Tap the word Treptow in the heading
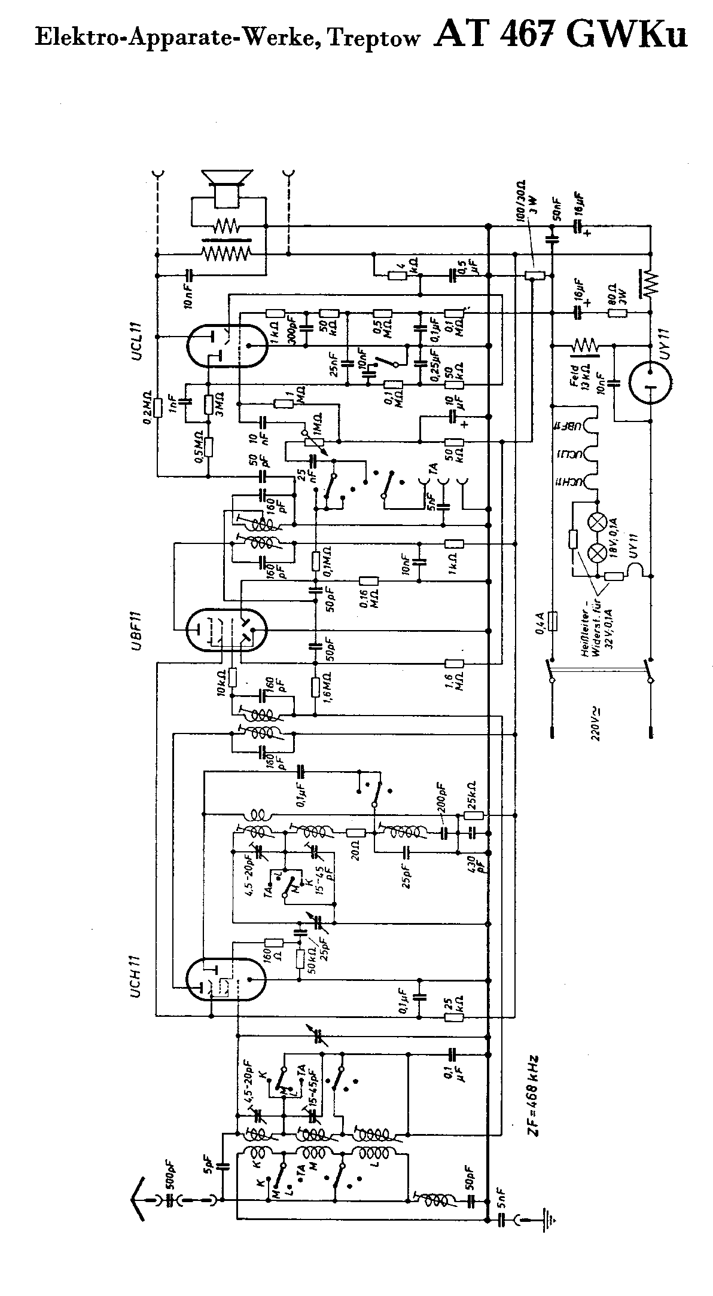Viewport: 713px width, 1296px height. click(x=374, y=38)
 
